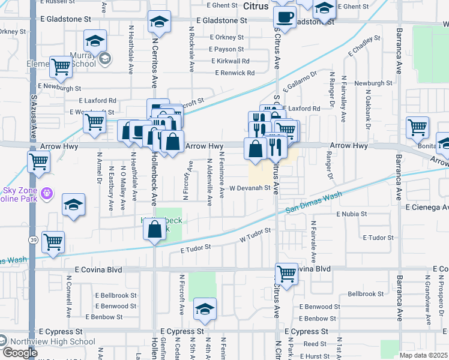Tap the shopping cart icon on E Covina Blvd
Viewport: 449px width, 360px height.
pyautogui.click(x=287, y=274)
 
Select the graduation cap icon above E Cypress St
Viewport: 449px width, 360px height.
pyautogui.click(x=204, y=310)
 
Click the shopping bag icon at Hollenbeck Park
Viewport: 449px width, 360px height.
pyautogui.click(x=155, y=229)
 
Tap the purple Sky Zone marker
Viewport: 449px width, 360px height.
pyautogui.click(x=48, y=194)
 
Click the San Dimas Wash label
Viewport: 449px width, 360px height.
pyautogui.click(x=313, y=203)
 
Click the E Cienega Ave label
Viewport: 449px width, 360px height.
pyautogui.click(x=426, y=207)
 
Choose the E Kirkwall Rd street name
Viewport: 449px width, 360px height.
pyautogui.click(x=230, y=61)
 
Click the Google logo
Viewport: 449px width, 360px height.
pyautogui.click(x=20, y=353)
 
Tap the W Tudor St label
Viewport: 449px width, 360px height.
pyautogui.click(x=252, y=239)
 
